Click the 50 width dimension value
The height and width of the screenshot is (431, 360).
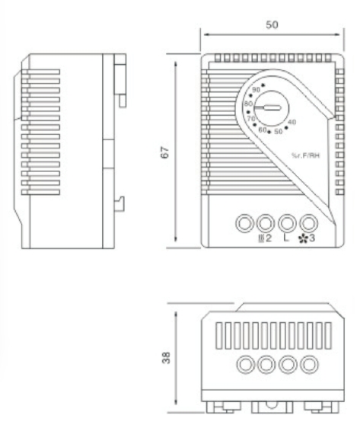[x=272, y=24]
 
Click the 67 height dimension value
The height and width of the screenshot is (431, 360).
[x=165, y=152]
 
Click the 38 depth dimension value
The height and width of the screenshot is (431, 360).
[x=166, y=358]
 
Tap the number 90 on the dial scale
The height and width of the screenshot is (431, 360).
[x=256, y=90]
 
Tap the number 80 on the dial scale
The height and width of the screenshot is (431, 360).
[x=248, y=104]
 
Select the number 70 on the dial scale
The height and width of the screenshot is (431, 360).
[x=251, y=119]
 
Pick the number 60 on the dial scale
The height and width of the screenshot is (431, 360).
[x=263, y=129]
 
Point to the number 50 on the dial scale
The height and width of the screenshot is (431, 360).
[x=279, y=132]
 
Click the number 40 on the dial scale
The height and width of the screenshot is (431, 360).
[x=292, y=122]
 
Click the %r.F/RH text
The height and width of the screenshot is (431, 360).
[x=306, y=155]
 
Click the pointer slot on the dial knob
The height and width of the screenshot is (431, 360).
[x=268, y=107]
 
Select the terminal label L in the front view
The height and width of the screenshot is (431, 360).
[x=286, y=238]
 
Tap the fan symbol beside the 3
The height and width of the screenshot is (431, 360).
[x=303, y=238]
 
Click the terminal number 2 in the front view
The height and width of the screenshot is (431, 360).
[x=268, y=238]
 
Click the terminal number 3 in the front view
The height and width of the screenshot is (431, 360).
[x=311, y=238]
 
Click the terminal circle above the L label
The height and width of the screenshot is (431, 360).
[x=287, y=223]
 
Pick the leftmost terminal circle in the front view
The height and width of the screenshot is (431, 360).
[x=244, y=223]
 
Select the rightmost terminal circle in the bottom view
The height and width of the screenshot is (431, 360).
[x=309, y=365]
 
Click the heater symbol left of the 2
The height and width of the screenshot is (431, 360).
[x=261, y=238]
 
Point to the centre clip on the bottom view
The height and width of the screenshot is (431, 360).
[x=272, y=407]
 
